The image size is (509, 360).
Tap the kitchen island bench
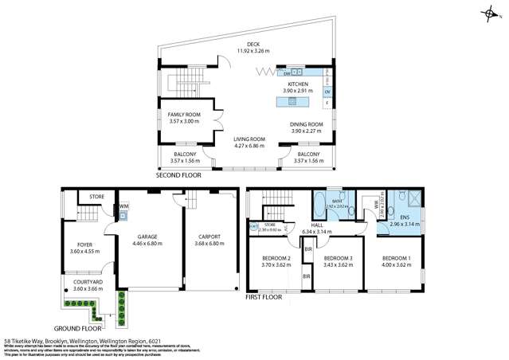click(294, 101)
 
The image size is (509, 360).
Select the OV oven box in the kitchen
click(327, 92)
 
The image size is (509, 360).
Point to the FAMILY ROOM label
click(183, 115)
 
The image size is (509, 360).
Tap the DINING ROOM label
click(306, 124)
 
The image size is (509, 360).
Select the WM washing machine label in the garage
click(124, 206)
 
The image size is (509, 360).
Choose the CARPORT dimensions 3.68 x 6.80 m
click(209, 243)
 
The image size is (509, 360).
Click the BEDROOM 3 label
click(339, 259)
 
